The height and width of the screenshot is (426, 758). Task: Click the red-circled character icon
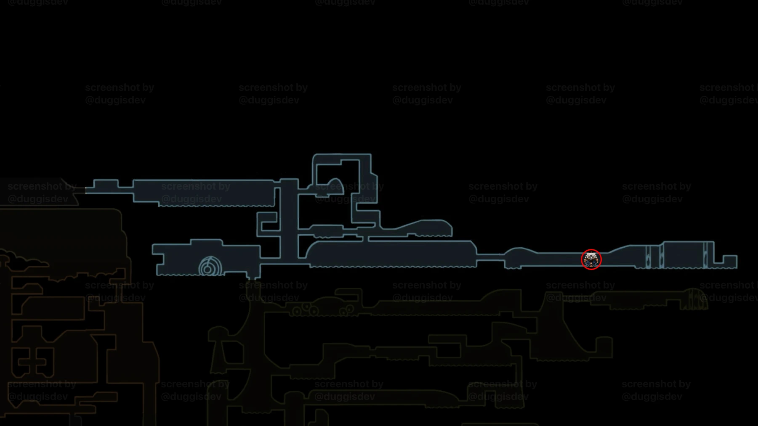(x=591, y=259)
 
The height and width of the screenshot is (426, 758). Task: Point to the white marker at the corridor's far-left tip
(x=86, y=190)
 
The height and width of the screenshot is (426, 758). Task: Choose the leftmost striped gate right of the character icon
(x=648, y=257)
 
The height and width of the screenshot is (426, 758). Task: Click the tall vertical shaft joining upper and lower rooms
(x=289, y=219)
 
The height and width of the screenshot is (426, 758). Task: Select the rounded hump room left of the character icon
(x=520, y=257)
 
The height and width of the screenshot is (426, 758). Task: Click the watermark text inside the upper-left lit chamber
(x=195, y=192)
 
